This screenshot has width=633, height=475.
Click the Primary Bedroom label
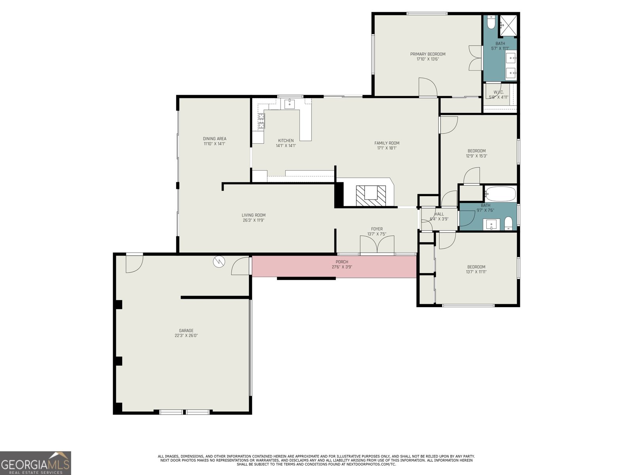tap(428, 54)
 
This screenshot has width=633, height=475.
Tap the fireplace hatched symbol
tap(371, 195)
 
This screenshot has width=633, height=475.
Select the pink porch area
tap(334, 266)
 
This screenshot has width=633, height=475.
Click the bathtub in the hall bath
tap(500, 194)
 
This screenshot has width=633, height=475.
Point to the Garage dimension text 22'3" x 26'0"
tap(186, 336)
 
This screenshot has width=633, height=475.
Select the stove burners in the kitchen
tap(261, 121)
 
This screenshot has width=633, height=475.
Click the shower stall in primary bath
tap(508, 25)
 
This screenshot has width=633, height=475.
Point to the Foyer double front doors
tap(377, 245)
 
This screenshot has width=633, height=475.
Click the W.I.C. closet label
tap(498, 92)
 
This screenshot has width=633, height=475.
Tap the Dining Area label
tap(214, 139)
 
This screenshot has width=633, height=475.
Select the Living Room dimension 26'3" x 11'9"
tap(254, 220)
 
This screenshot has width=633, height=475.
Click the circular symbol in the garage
tap(218, 262)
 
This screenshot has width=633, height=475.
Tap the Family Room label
tap(387, 143)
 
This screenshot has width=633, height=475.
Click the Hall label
tap(439, 214)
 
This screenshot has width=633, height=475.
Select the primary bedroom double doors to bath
tap(474, 58)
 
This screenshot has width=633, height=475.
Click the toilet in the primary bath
tap(491, 23)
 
